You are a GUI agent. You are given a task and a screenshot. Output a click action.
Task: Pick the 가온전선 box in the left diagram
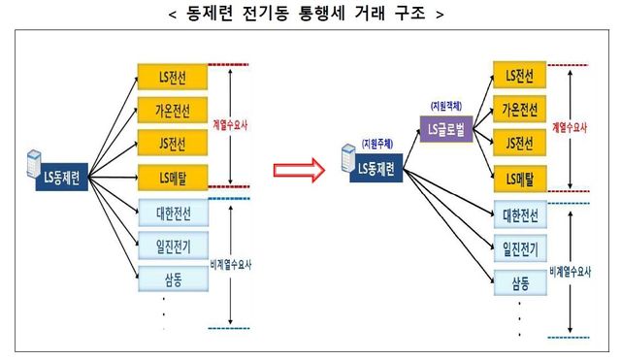[x=174, y=109]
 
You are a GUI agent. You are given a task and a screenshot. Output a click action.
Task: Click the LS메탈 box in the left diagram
[x=174, y=177]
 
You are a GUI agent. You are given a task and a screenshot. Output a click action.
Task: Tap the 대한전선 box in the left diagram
[x=174, y=213]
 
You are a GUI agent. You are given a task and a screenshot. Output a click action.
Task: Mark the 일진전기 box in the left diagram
[x=174, y=246]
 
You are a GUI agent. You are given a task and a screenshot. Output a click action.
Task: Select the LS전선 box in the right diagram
[x=521, y=76]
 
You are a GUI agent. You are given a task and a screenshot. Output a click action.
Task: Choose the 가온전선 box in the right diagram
[x=521, y=108]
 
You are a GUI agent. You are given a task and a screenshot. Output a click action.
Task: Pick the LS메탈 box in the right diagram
[x=521, y=178]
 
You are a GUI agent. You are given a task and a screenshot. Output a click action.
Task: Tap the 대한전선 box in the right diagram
[x=521, y=213]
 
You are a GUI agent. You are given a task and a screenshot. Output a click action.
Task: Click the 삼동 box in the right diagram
[x=521, y=282]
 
